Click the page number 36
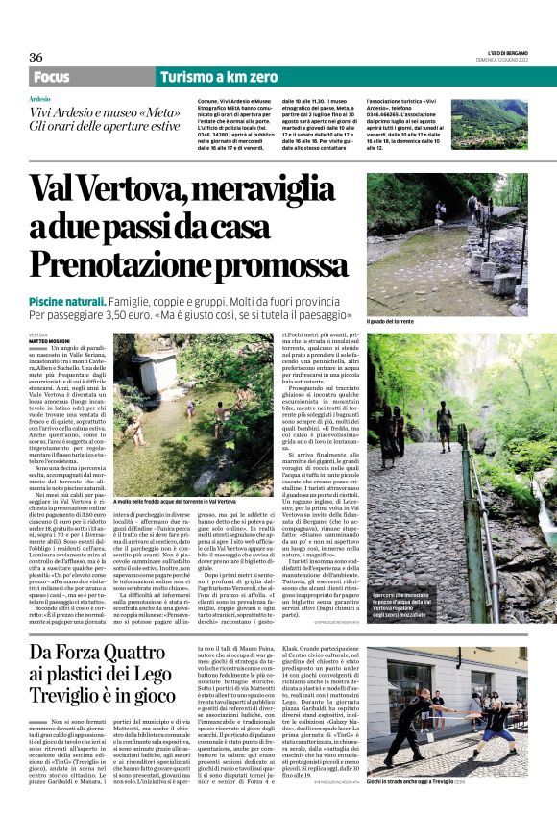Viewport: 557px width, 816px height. pyautogui.click(x=36, y=57)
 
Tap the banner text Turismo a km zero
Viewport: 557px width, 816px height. pyautogui.click(x=219, y=77)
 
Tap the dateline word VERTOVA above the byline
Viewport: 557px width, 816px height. pyautogui.click(x=37, y=333)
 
